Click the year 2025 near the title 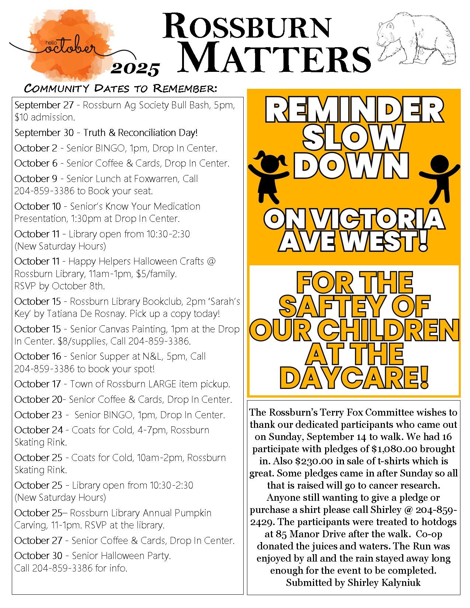[136, 69]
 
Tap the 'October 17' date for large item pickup [38, 384]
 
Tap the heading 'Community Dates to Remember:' [121, 88]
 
